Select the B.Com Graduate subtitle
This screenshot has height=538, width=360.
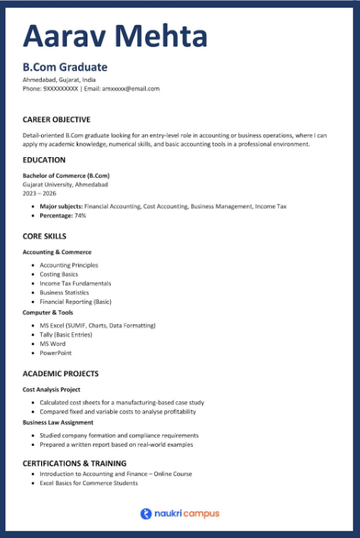pos(65,68)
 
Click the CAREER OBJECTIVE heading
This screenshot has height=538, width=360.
pos(56,119)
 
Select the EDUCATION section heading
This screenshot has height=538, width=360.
pos(44,160)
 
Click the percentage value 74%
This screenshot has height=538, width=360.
pos(80,216)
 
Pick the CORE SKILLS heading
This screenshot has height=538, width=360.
pos(44,236)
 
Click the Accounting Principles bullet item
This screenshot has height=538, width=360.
pos(69,265)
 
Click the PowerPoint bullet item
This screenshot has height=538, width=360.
pos(55,353)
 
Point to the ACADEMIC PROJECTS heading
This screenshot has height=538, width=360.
pos(61,374)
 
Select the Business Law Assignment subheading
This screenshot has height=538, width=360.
pos(58,422)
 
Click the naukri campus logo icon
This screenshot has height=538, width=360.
pos(146,514)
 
